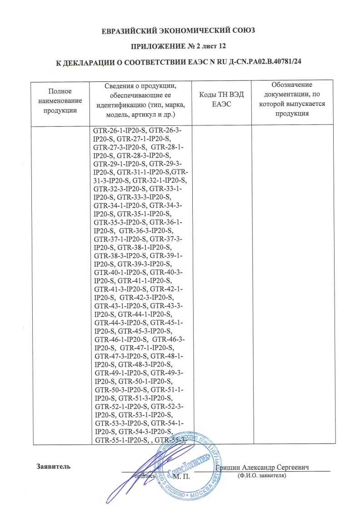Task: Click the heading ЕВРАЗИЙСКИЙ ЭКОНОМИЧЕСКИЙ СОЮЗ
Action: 180,31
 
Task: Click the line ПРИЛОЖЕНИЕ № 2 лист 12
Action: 180,46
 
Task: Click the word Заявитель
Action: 53,467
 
